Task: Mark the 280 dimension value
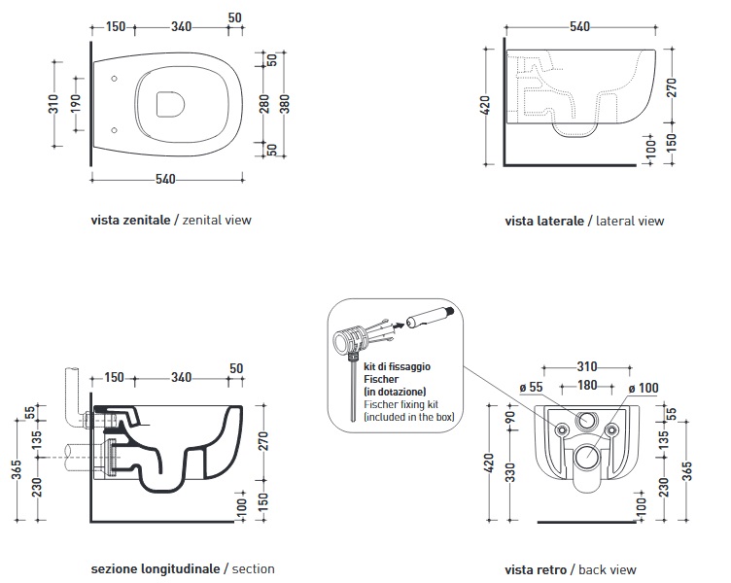[263, 103]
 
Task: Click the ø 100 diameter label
[644, 389]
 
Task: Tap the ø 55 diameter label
[531, 389]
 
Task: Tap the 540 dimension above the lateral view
[580, 26]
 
